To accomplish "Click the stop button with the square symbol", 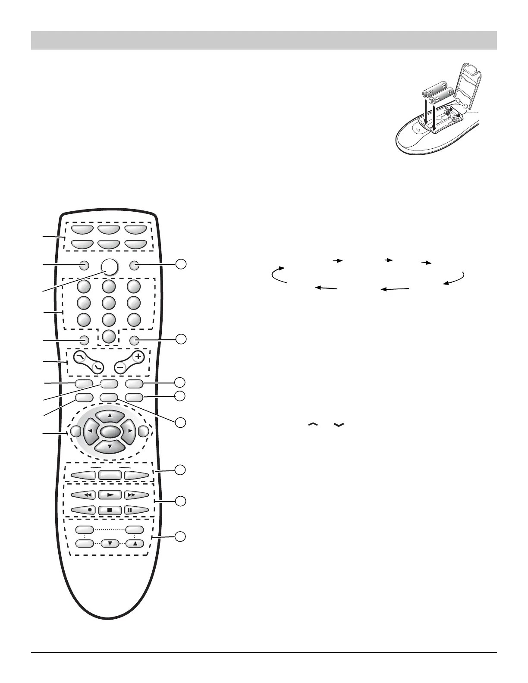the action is pyautogui.click(x=110, y=509).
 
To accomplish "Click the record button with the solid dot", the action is pyautogui.click(x=85, y=509).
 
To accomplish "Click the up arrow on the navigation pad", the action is pyautogui.click(x=110, y=416).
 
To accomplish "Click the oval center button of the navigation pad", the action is pyautogui.click(x=110, y=431).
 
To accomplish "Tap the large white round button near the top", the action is pyautogui.click(x=110, y=266).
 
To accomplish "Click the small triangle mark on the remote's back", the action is pyautogui.click(x=417, y=128).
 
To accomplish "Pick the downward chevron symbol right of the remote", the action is pyautogui.click(x=339, y=425).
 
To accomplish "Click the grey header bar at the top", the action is pyautogui.click(x=264, y=40).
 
